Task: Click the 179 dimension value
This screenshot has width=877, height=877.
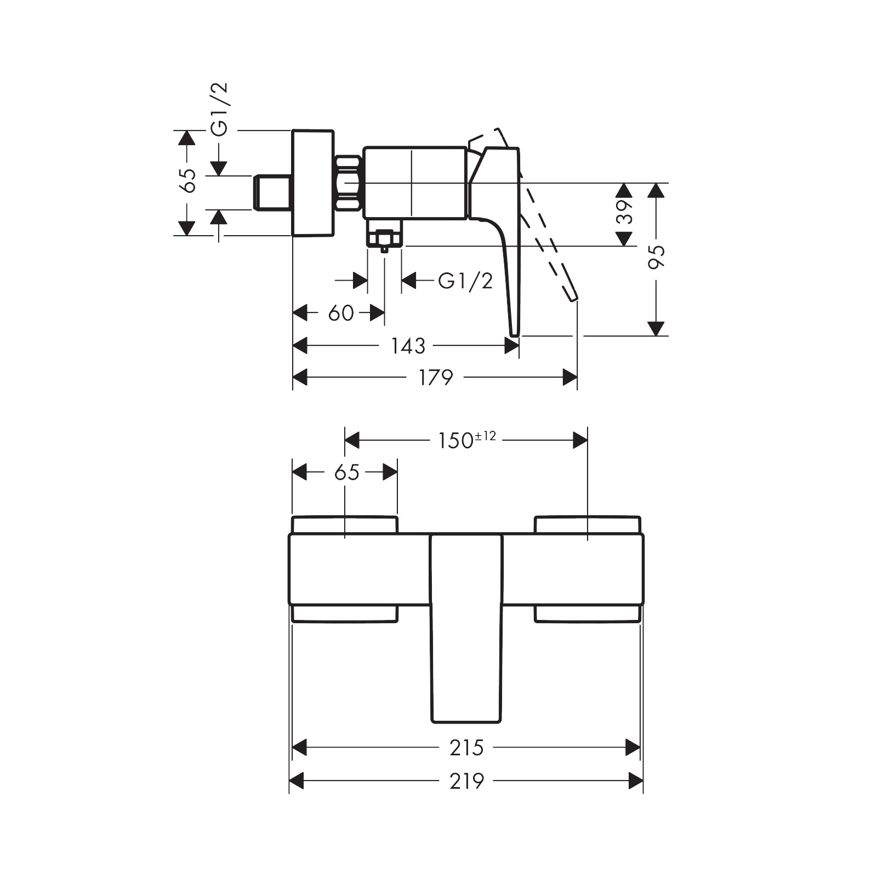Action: [x=436, y=378]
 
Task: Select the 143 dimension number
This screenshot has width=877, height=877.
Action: [x=408, y=346]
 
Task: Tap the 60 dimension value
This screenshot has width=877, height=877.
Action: [x=340, y=314]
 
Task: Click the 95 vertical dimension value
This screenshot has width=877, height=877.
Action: [x=656, y=256]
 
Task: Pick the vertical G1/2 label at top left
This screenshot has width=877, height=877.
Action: [x=220, y=109]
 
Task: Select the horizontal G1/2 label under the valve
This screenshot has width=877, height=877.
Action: [x=465, y=281]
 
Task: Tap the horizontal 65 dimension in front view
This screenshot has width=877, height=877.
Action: [x=346, y=472]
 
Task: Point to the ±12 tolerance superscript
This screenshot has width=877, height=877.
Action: [x=486, y=436]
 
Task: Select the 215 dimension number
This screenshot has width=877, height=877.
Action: [x=466, y=748]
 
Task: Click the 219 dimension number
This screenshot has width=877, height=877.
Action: [x=466, y=781]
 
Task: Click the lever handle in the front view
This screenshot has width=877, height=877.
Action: [x=466, y=630]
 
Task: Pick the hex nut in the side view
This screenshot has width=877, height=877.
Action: [x=348, y=183]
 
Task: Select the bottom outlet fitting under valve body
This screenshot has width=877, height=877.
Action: [x=384, y=238]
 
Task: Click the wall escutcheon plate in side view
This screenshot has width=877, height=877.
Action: [x=312, y=183]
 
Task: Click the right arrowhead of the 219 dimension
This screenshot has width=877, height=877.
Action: [x=636, y=781]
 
